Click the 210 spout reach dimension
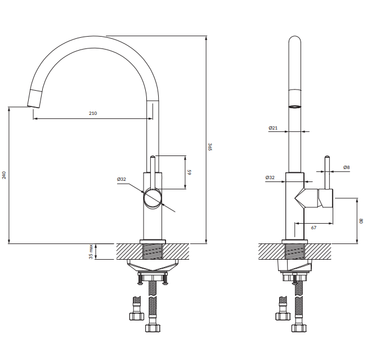(93, 113)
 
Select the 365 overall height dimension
(210, 146)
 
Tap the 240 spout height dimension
(4, 175)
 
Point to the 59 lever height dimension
(189, 172)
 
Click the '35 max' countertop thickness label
(91, 252)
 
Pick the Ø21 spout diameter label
(273, 128)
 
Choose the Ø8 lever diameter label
(346, 167)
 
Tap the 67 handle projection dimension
(314, 228)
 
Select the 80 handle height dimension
(361, 221)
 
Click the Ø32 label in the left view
(122, 179)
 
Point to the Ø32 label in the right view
(270, 177)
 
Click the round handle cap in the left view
(153, 199)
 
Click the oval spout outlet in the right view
(295, 107)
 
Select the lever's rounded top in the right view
(328, 157)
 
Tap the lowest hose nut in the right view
(299, 328)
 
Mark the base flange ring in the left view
(153, 242)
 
